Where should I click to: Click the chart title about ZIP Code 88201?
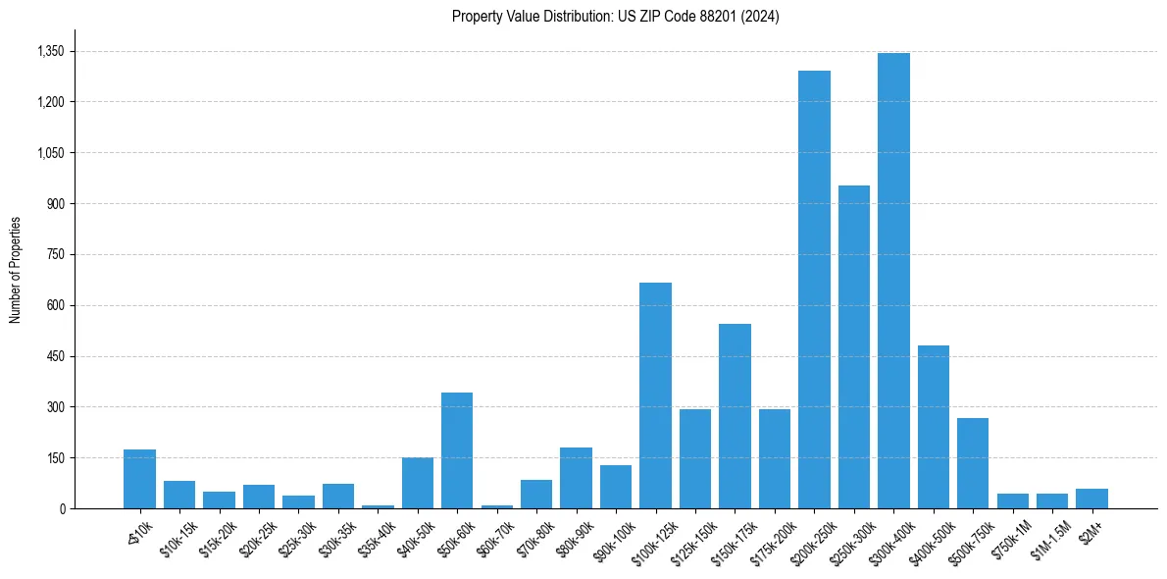616,17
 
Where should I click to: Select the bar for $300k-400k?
893,281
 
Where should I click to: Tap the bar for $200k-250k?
814,289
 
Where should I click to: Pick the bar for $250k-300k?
854,346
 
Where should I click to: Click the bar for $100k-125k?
655,395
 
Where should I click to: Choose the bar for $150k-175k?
735,416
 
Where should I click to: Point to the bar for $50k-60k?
457,450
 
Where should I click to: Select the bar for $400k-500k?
934,427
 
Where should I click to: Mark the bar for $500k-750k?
973,463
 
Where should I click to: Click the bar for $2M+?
1091,499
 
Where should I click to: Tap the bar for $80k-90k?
576,478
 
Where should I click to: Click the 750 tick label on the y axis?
55,254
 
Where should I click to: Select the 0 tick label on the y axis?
62,508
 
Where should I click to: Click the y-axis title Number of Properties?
16,270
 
